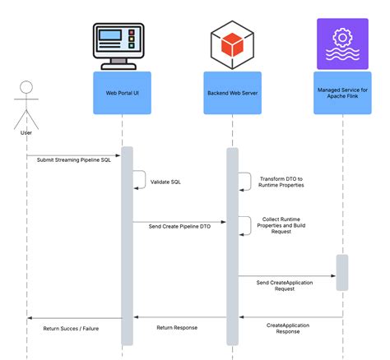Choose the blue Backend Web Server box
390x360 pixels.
click(x=233, y=93)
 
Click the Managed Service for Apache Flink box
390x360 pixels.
click(x=341, y=93)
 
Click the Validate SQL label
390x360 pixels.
click(x=166, y=183)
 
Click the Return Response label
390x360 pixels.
click(x=176, y=327)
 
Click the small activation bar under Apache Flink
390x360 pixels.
click(x=341, y=272)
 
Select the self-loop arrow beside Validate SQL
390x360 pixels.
click(x=140, y=180)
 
